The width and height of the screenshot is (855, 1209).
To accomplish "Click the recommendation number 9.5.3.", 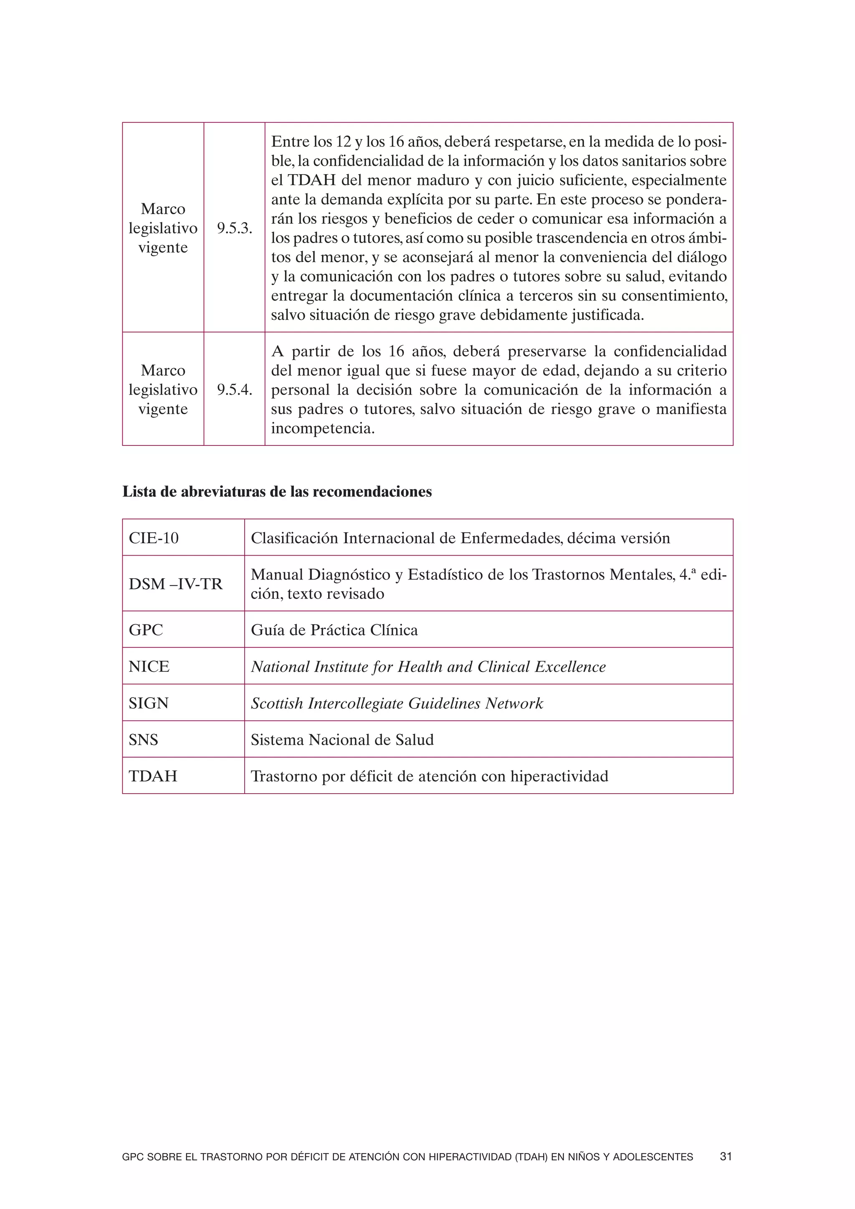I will tap(234, 228).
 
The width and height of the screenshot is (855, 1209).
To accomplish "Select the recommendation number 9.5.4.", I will tap(234, 390).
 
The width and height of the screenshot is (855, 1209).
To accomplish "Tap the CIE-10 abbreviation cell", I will tap(154, 538).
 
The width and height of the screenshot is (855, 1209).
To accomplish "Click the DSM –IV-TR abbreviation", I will tap(175, 584).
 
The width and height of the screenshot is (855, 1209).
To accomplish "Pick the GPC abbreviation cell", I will tap(146, 630).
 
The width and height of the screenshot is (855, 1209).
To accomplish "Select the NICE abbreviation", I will tap(149, 667).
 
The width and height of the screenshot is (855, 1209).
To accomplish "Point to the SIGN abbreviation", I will tap(149, 703).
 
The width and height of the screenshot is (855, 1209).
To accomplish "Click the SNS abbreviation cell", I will tap(143, 740).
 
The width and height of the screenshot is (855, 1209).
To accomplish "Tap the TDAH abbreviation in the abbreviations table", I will tap(153, 776).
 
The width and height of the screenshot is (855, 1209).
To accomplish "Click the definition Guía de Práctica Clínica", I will tap(334, 630).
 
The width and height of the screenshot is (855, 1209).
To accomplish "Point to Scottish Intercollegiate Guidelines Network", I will tap(397, 703).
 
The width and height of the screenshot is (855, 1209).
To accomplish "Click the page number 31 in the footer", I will tap(726, 1156).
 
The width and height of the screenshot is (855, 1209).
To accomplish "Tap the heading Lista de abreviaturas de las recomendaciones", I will tap(277, 491).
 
